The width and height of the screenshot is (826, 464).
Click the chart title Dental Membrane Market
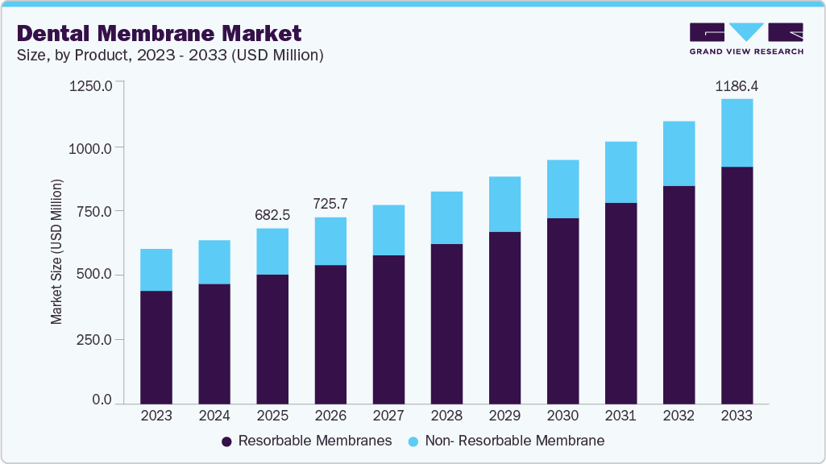(x=159, y=33)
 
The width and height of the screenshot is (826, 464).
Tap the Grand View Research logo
(x=746, y=39)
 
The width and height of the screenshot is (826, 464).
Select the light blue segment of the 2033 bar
(x=737, y=133)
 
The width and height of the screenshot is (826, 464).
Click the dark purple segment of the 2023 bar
(x=156, y=346)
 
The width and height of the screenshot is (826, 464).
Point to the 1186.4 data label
(x=737, y=85)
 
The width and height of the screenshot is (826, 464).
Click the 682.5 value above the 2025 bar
(x=272, y=215)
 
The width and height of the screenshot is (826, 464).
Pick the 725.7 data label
(x=330, y=204)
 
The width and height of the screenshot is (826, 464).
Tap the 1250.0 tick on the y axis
(x=90, y=85)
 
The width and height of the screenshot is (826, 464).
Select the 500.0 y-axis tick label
(x=93, y=275)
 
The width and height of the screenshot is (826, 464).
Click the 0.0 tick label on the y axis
(x=102, y=400)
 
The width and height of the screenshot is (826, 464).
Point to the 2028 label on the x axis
(x=446, y=416)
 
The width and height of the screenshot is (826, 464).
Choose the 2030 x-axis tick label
(x=562, y=416)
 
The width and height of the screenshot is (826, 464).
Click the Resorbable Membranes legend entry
(x=306, y=441)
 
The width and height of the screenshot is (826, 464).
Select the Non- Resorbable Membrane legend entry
(x=506, y=441)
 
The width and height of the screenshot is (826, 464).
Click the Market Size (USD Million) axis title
(x=56, y=251)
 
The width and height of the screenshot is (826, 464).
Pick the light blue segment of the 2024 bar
(x=214, y=262)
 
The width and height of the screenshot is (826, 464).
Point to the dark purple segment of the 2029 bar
(x=504, y=317)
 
